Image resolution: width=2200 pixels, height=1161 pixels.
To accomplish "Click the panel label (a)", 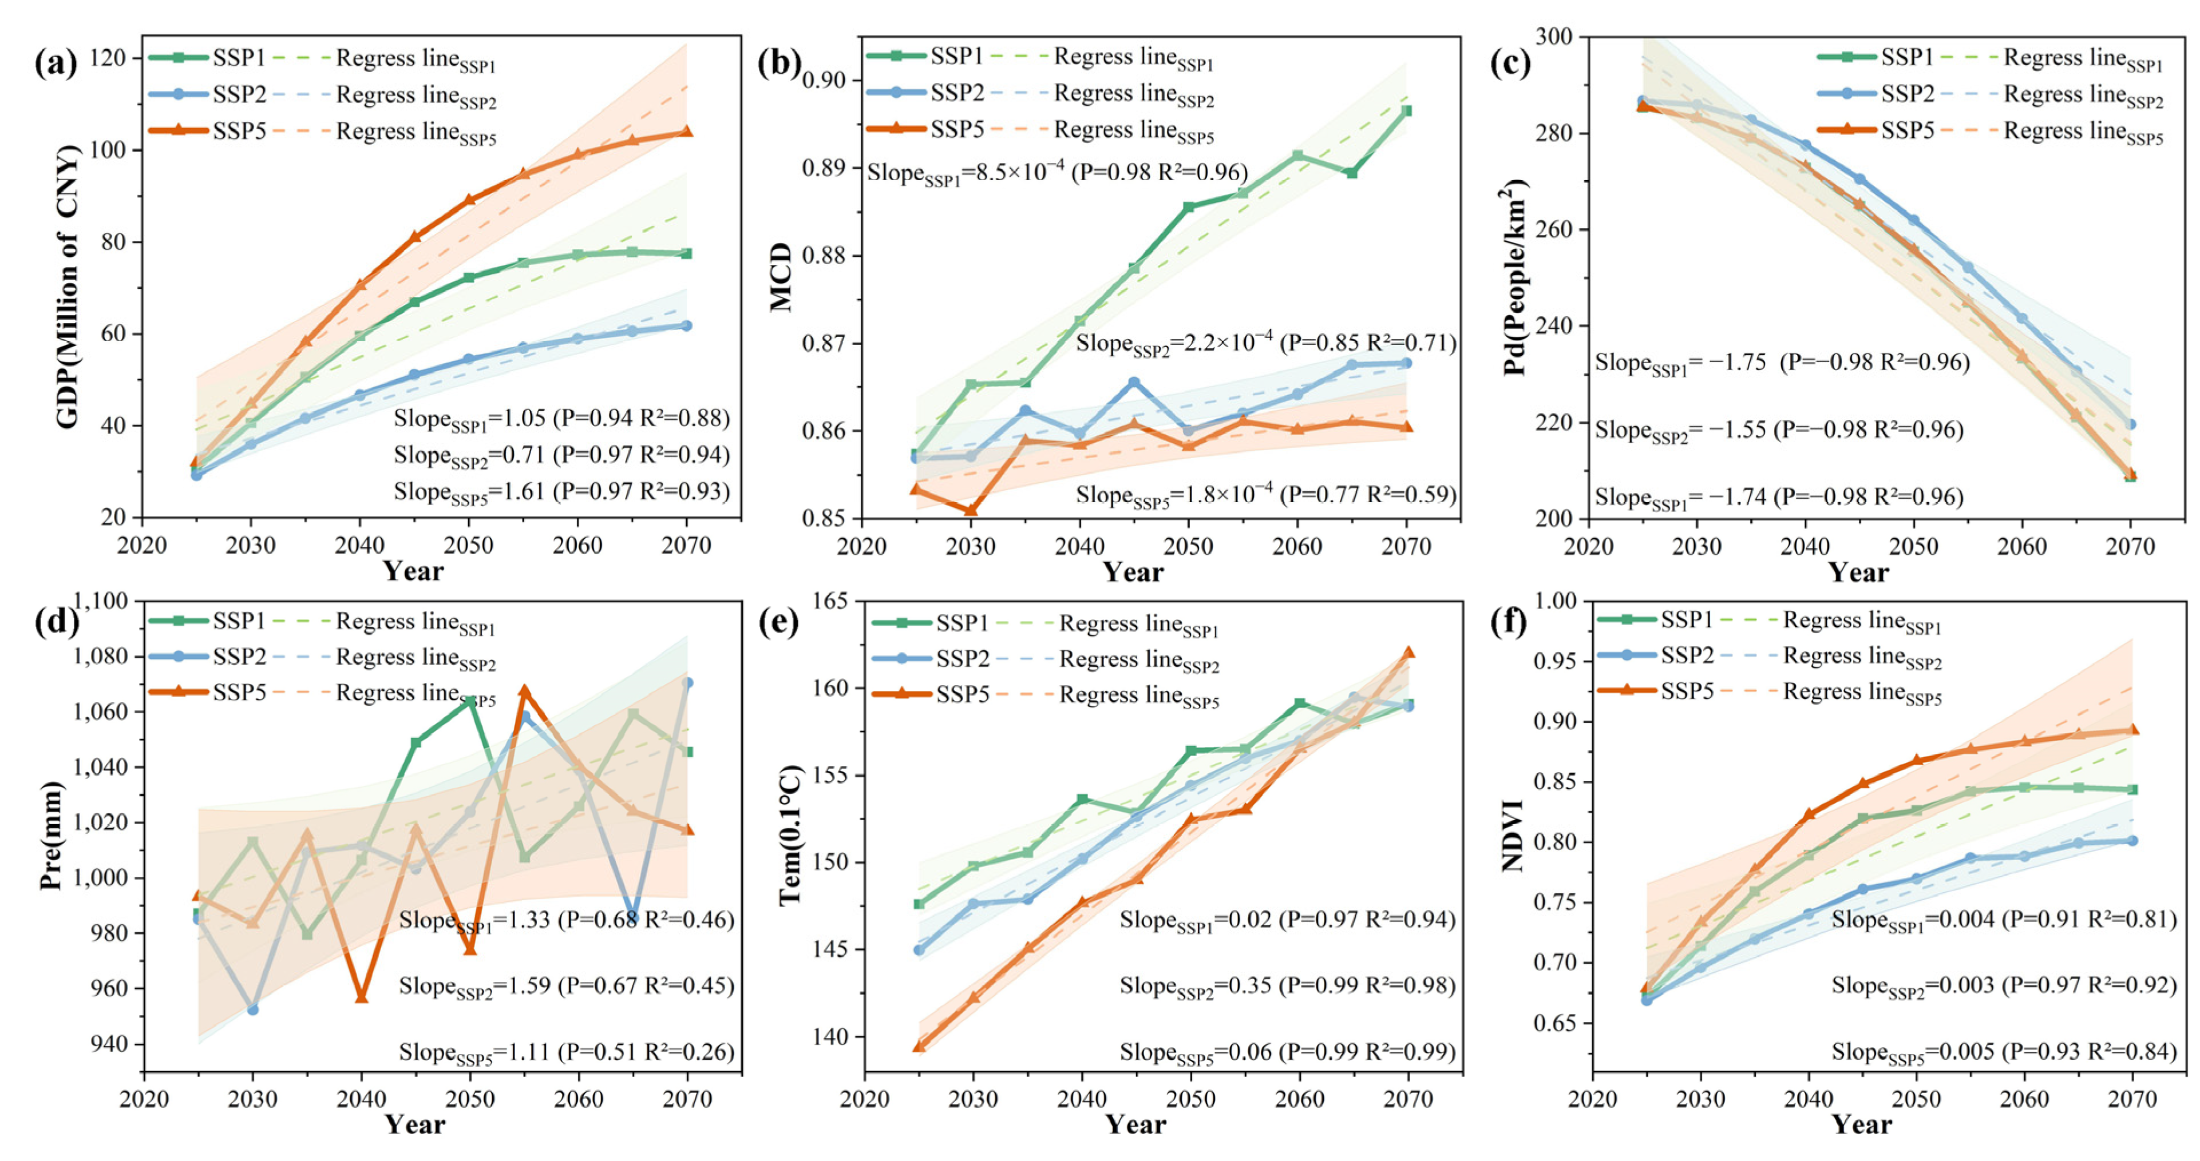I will pos(56,64).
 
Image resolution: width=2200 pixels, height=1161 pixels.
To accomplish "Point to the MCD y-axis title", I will pos(781,277).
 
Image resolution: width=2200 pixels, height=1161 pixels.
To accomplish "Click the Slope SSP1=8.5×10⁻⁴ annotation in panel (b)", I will pos(1057,173).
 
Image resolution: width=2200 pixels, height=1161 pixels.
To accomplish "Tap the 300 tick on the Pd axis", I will pos(1554,37).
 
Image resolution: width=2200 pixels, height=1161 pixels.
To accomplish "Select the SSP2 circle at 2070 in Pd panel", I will pos(2130,424).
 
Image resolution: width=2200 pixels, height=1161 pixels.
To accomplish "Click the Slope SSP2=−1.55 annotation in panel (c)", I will pos(1779,430).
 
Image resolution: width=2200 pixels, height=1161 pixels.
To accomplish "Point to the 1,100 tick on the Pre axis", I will pos(101,601).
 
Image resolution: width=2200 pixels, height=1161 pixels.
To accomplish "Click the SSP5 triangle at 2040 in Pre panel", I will pos(361,996).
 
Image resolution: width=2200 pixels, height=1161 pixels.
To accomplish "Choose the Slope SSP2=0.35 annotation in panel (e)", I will pos(1287,986).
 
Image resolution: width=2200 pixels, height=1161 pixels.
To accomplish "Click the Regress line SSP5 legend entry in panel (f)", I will pos(1862,693).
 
